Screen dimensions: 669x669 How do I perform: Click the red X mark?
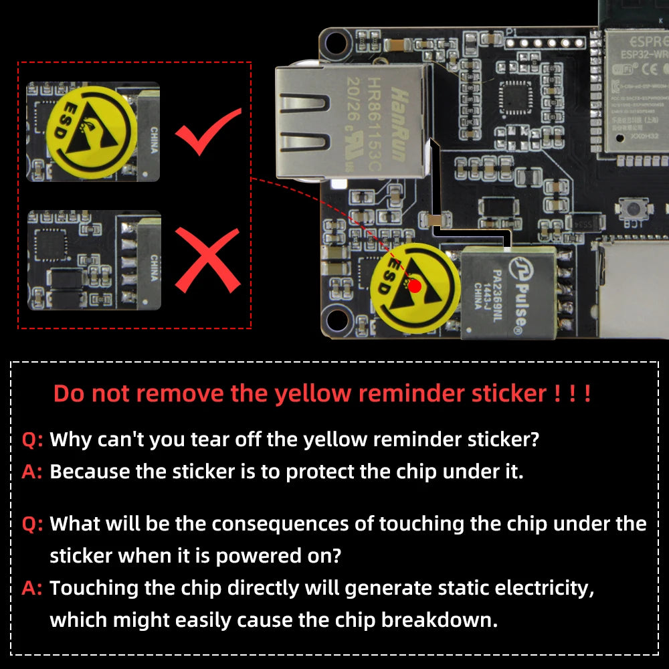[207, 260]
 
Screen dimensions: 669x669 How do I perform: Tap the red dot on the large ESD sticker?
[415, 286]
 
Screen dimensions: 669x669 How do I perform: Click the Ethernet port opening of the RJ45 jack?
[304, 120]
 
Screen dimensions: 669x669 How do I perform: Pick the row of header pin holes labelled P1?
[545, 43]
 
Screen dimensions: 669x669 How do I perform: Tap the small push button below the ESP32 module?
[631, 209]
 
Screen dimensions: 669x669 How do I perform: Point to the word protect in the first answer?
[320, 472]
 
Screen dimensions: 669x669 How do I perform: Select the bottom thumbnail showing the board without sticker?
[94, 260]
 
